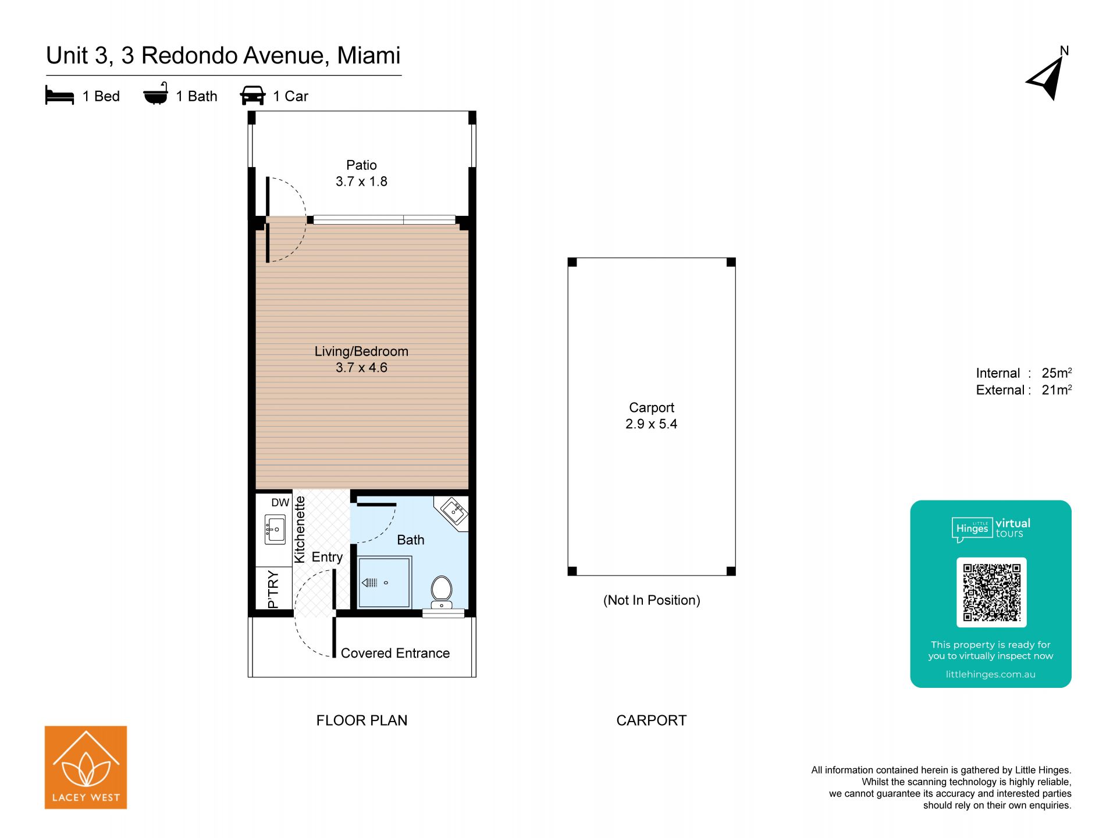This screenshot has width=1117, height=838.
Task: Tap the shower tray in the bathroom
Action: point(385,582)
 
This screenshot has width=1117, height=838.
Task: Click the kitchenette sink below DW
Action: point(275,529)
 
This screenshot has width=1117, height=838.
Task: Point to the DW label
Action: point(280,502)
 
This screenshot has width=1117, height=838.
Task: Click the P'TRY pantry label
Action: point(273,590)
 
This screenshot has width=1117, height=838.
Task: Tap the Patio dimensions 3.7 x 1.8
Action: point(361,182)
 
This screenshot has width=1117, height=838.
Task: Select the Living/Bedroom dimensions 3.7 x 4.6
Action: point(361,368)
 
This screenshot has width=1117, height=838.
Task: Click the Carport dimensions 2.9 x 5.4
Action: point(651,424)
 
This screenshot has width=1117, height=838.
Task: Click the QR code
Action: point(991,592)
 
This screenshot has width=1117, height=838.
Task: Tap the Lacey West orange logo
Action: point(86,767)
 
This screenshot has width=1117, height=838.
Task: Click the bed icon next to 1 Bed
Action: point(59,95)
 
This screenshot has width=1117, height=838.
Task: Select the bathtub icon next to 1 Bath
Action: point(155,94)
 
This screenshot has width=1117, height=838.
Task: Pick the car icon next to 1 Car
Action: point(252,95)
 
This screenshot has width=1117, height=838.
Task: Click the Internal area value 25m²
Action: point(1056,372)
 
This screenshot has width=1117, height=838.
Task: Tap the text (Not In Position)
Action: point(652,600)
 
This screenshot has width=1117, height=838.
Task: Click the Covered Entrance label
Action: point(395,653)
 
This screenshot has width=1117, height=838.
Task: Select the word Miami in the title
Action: point(369,55)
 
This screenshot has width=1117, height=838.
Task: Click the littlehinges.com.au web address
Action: point(990,674)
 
